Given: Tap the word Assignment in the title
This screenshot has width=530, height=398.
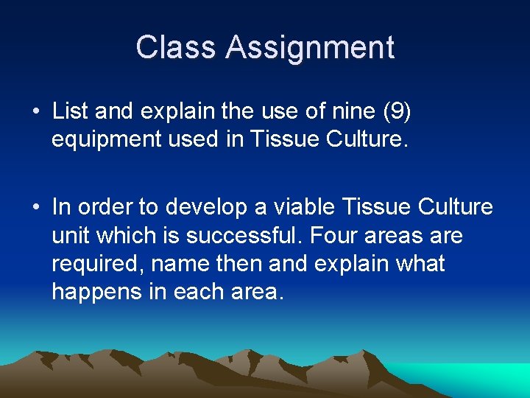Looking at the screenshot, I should [x=310, y=49].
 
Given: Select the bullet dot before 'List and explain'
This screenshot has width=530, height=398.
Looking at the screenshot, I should [x=36, y=112].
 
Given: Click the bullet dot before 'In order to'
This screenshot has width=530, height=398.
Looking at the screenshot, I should [x=36, y=209].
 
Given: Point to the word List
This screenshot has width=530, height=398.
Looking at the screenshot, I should [x=68, y=111].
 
